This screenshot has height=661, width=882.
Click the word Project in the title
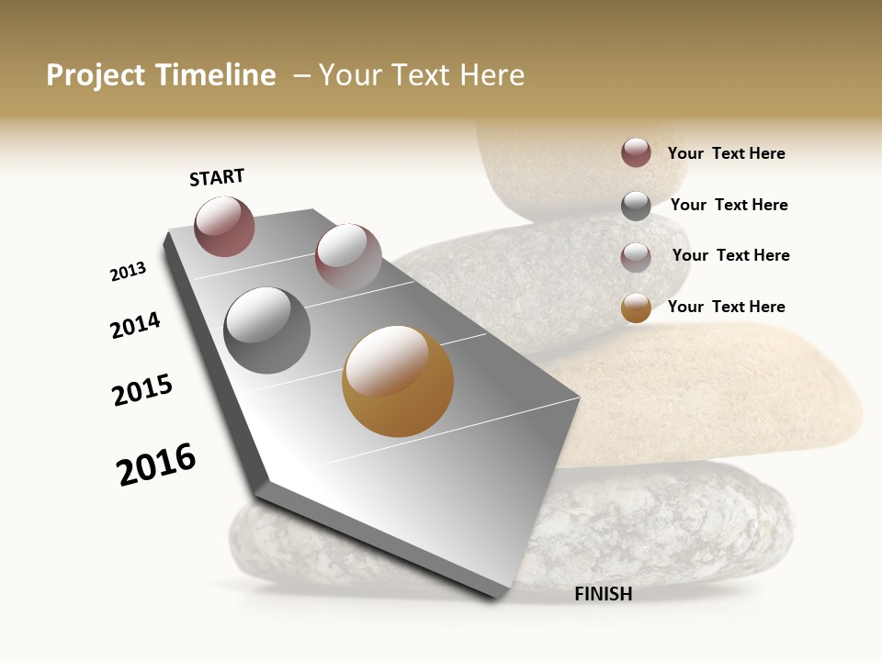click(96, 75)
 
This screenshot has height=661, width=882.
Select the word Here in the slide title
click(492, 75)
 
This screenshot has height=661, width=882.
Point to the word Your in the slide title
click(349, 75)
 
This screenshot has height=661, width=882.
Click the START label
click(217, 177)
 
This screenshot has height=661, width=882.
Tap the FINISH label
click(603, 594)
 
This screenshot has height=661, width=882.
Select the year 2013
click(128, 272)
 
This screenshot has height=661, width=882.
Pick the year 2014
click(135, 325)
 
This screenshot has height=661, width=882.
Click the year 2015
click(142, 390)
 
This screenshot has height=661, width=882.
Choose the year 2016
click(156, 464)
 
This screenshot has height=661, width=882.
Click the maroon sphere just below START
click(224, 226)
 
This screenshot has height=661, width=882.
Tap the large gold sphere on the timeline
click(398, 381)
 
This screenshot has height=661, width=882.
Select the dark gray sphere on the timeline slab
click(267, 330)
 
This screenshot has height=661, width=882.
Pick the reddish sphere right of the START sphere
click(348, 254)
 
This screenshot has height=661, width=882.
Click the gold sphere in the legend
click(636, 308)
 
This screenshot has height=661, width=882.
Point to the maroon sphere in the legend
click(636, 152)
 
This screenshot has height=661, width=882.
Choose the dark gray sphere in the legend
click(636, 206)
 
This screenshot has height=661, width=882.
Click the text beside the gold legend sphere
click(726, 307)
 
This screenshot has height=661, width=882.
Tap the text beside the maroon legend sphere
click(726, 153)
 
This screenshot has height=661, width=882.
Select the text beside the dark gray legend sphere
click(729, 205)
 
